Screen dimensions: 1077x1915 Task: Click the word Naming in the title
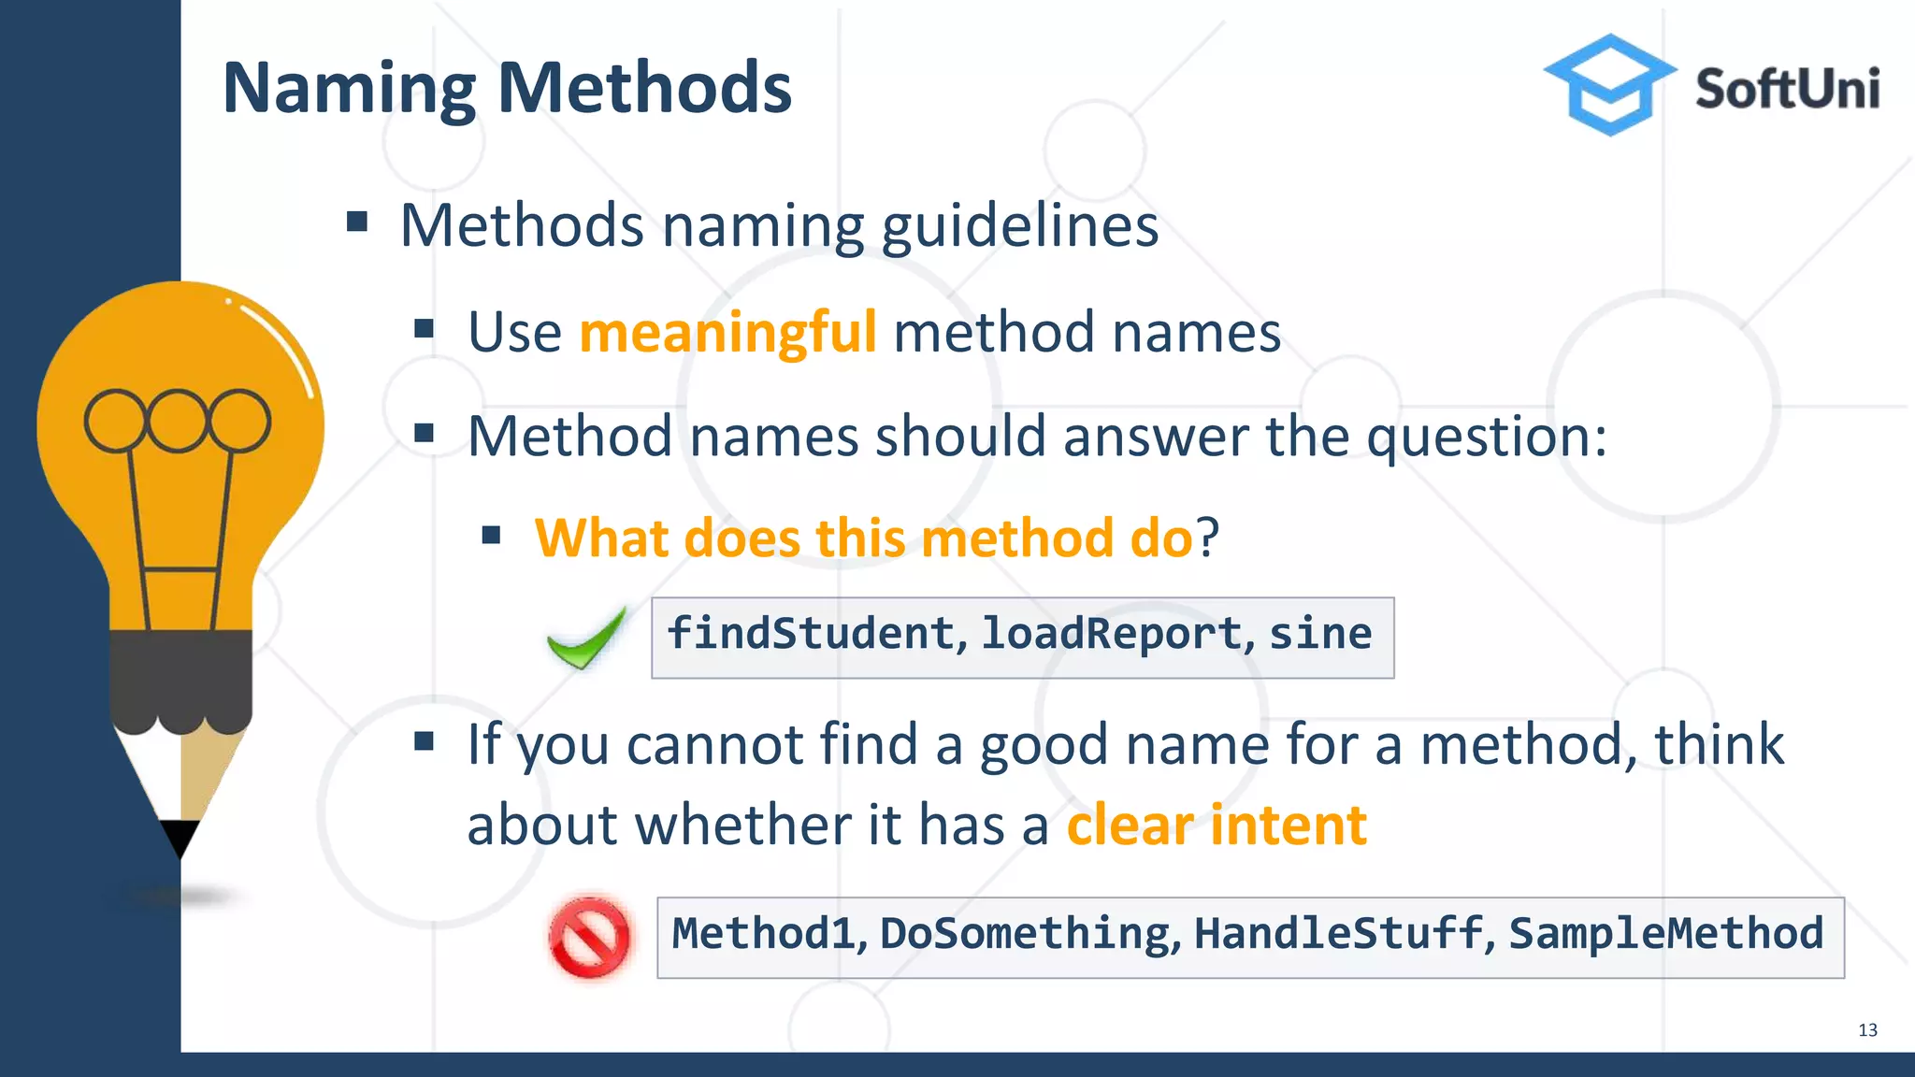point(349,90)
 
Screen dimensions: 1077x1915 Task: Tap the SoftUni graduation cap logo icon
point(1608,85)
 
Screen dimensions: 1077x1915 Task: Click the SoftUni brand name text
point(1786,90)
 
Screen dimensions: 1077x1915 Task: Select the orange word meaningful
point(727,333)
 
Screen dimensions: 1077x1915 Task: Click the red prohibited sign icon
point(589,938)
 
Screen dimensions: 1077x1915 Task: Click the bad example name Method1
point(763,934)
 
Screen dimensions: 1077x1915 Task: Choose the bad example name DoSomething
point(1025,934)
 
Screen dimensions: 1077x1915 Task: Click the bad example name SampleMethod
point(1665,934)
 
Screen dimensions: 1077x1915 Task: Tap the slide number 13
point(1867,1030)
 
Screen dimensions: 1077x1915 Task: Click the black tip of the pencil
point(179,837)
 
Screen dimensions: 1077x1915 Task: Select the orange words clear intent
point(1216,826)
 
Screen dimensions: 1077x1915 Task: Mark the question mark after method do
point(1208,538)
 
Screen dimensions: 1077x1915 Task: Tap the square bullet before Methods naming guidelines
point(356,223)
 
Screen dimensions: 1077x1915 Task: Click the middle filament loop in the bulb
point(177,421)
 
